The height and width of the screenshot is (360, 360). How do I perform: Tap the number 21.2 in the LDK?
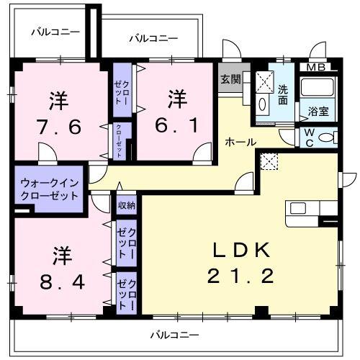tap(240, 276)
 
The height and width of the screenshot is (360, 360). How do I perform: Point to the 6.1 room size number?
tap(177, 125)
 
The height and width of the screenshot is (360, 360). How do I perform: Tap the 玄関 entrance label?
tap(230, 80)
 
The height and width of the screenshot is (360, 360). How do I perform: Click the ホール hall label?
tap(240, 142)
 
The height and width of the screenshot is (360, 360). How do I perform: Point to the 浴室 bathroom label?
tap(318, 112)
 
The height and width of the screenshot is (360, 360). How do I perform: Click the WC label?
tap(308, 136)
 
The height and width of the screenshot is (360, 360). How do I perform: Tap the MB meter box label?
tap(317, 68)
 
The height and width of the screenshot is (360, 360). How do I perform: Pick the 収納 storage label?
tap(126, 205)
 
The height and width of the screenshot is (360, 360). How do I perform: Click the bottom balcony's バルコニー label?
tap(174, 334)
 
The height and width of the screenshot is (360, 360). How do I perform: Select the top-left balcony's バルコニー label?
tap(55, 32)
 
